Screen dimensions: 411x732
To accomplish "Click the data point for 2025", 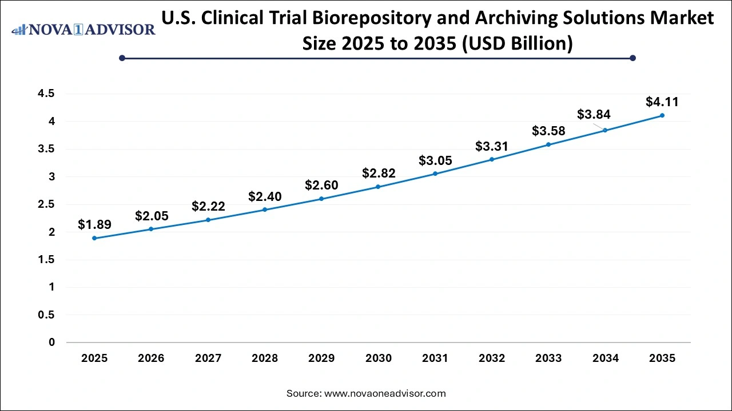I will point(94,238).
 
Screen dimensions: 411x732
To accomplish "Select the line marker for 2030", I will point(378,187).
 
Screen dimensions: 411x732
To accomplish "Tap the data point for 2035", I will point(662,115).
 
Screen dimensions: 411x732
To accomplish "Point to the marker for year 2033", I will point(548,144).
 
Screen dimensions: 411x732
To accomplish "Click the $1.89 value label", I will point(94,224).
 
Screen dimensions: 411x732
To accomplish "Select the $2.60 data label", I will point(321,185).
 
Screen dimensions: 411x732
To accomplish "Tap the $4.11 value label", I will point(662,102).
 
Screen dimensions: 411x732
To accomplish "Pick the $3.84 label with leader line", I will point(594,114).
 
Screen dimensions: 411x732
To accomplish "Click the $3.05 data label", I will point(435,160).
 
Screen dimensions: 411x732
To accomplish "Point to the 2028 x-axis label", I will point(265,358).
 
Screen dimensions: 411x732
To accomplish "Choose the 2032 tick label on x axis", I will point(492,358).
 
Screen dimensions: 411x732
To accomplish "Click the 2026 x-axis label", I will point(151,358).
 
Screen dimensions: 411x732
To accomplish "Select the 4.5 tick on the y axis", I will point(47,94).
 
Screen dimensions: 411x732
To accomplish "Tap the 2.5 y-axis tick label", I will point(47,204).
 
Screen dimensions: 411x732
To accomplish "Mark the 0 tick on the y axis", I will point(52,342).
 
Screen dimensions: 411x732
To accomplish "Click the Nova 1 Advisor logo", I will point(83,29).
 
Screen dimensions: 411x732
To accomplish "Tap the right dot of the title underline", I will point(632,58).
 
